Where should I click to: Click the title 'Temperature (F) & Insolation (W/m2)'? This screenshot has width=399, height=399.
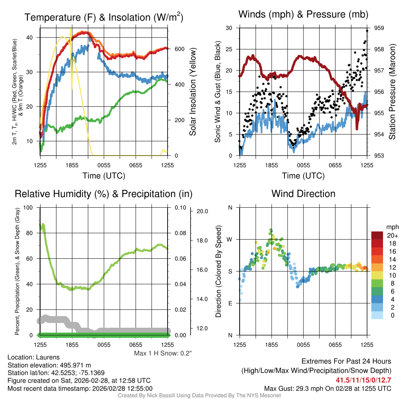tap(104, 17)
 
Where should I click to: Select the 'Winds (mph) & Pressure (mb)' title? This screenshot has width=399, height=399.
tap(304, 15)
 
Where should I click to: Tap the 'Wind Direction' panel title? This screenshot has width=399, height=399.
tap(303, 194)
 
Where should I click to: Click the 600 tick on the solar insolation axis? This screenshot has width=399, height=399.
tap(179, 49)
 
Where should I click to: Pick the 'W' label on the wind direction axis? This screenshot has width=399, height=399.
tap(230, 239)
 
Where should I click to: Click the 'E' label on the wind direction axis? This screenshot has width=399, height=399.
tap(230, 303)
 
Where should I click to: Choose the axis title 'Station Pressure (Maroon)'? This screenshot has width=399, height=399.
tap(392, 92)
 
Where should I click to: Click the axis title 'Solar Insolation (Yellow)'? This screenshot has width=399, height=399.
tap(193, 92)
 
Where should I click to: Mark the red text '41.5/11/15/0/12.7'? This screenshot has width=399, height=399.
tap(363, 380)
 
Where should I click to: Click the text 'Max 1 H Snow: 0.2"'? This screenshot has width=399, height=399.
tap(163, 353)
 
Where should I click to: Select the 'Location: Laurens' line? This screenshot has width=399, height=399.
tap(34, 357)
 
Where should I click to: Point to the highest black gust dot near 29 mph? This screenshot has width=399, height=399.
tap(367, 31)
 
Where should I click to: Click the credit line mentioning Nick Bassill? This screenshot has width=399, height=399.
tap(199, 395)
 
